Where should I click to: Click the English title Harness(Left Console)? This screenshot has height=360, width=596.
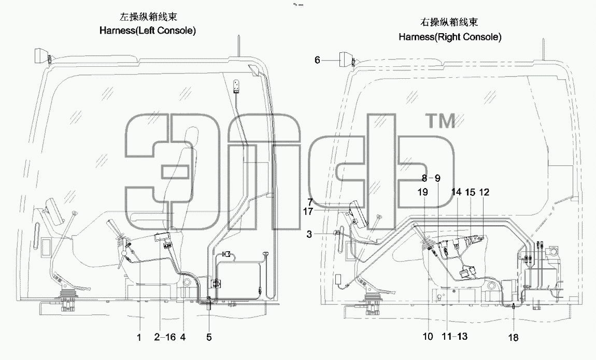(x=148, y=31)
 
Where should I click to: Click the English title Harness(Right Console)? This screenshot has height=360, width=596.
(x=450, y=37)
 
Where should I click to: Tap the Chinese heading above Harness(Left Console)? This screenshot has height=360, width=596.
(x=148, y=17)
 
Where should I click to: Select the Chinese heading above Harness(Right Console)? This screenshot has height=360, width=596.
(x=449, y=22)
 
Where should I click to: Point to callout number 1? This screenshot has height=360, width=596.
(x=139, y=337)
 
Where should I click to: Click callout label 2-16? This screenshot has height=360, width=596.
(x=165, y=337)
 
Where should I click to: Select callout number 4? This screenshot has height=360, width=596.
(x=183, y=337)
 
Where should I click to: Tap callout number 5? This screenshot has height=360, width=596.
(x=209, y=337)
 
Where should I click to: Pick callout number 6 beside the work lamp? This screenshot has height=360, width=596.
(x=317, y=60)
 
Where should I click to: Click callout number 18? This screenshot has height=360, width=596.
(x=513, y=337)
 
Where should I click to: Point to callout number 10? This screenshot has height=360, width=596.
(x=428, y=337)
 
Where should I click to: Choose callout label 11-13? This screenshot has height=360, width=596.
(x=455, y=337)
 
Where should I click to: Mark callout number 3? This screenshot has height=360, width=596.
(x=309, y=234)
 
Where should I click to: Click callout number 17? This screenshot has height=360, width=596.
(x=308, y=211)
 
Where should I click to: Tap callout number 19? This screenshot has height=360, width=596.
(x=423, y=192)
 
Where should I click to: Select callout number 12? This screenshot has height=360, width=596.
(x=484, y=192)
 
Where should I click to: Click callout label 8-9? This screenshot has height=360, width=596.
(x=431, y=178)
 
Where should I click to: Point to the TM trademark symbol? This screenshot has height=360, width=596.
(x=442, y=122)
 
